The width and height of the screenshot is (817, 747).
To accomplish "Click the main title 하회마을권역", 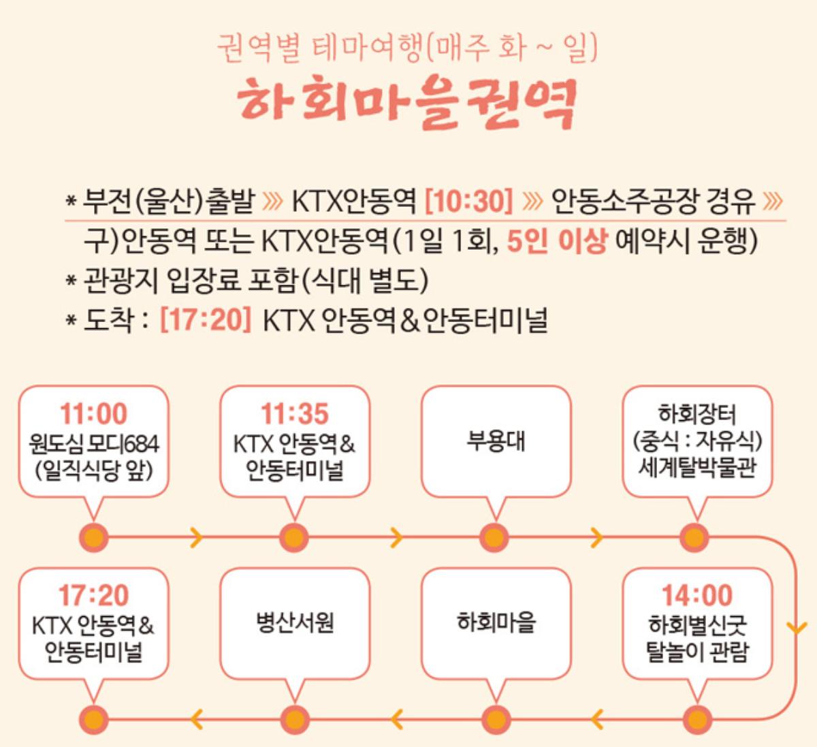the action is pyautogui.click(x=407, y=103).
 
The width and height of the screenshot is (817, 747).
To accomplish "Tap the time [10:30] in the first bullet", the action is pyautogui.click(x=469, y=202).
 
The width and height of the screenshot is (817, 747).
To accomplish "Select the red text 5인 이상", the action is pyautogui.click(x=557, y=241).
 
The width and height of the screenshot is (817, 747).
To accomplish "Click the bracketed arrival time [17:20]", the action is pyautogui.click(x=206, y=320).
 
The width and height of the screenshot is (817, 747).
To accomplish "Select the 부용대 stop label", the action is pyautogui.click(x=496, y=441).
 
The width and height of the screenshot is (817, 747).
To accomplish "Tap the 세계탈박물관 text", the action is pyautogui.click(x=697, y=468).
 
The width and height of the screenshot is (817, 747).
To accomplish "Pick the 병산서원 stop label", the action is pyautogui.click(x=295, y=623).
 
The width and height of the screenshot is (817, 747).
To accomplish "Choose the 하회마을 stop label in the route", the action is pyautogui.click(x=496, y=622).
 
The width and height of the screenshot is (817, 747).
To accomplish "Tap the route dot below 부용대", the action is pyautogui.click(x=494, y=537).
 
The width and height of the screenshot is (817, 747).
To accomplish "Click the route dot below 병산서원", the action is pyautogui.click(x=295, y=720).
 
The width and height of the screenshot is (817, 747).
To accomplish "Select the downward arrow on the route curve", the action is pyautogui.click(x=796, y=628).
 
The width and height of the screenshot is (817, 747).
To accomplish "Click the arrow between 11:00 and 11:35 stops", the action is pyautogui.click(x=196, y=537).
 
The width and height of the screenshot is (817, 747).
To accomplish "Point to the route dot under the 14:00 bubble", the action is pyautogui.click(x=697, y=720).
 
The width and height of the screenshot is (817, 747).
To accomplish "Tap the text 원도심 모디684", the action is pyautogui.click(x=94, y=444).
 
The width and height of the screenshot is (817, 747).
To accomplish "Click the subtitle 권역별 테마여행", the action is pyautogui.click(x=319, y=48).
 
